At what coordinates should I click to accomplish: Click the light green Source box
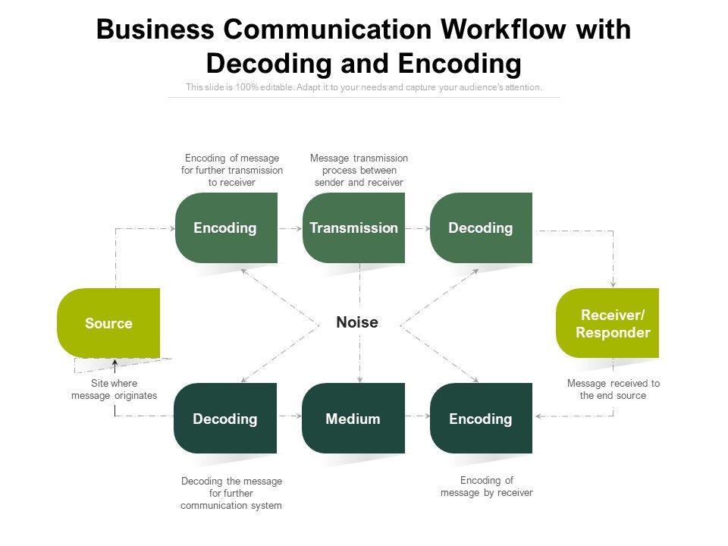pyautogui.click(x=108, y=323)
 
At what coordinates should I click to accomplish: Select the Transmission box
pyautogui.click(x=353, y=227)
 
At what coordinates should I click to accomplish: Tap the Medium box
pyautogui.click(x=353, y=419)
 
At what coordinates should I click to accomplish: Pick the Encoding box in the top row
pyautogui.click(x=225, y=227)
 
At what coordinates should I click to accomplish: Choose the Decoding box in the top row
pyautogui.click(x=481, y=227)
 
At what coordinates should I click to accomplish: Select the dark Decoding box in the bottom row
pyautogui.click(x=225, y=419)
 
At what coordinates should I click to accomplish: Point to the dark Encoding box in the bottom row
pyautogui.click(x=481, y=419)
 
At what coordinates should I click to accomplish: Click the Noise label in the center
pyautogui.click(x=357, y=322)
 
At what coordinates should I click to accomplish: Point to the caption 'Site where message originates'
pyautogui.click(x=115, y=390)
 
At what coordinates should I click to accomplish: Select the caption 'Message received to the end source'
pyautogui.click(x=613, y=390)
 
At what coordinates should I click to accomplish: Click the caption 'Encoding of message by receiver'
pyautogui.click(x=487, y=486)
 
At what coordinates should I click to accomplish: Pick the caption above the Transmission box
pyautogui.click(x=359, y=170)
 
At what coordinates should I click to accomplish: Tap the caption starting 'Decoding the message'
pyautogui.click(x=231, y=493)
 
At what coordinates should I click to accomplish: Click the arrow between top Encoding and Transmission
pyautogui.click(x=290, y=227)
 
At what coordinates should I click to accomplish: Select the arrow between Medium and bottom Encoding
pyautogui.click(x=417, y=416)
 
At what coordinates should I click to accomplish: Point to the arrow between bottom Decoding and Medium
pyautogui.click(x=290, y=416)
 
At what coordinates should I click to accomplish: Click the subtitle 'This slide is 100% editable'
pyautogui.click(x=364, y=87)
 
